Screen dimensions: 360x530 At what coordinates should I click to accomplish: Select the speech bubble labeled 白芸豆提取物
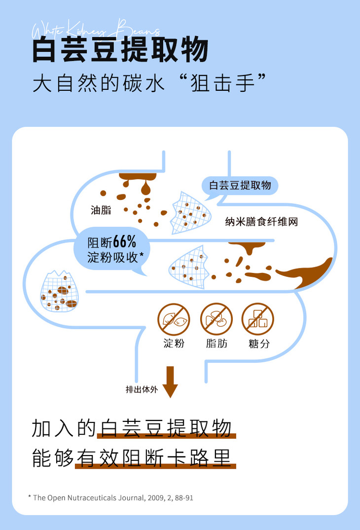240,186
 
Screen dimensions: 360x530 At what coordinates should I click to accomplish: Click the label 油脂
101,210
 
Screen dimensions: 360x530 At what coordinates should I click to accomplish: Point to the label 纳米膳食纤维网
261,222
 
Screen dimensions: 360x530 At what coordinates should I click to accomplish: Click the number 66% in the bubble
124,242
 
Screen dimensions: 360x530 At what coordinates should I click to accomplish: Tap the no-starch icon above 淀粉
174,319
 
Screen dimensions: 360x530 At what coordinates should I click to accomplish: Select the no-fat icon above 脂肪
216,319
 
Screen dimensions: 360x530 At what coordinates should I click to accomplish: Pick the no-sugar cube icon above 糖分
257,319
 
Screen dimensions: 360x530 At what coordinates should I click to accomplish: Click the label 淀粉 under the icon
174,343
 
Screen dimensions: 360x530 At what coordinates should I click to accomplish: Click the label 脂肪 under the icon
216,343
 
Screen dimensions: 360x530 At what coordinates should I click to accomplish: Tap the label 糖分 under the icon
259,343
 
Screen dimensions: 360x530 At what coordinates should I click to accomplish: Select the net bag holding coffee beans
58,292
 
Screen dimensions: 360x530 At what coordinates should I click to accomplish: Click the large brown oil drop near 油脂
146,189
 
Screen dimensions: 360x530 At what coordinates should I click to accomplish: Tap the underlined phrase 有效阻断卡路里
155,457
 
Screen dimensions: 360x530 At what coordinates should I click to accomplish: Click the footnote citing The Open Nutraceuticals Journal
110,497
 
